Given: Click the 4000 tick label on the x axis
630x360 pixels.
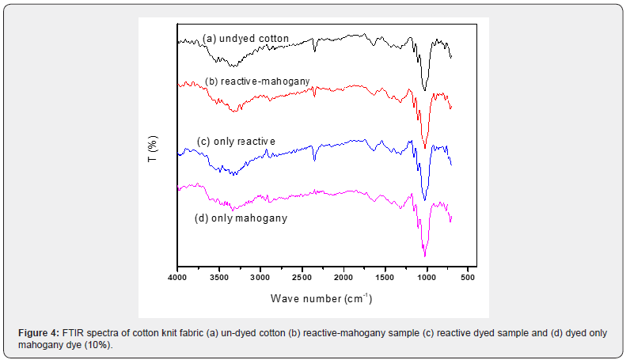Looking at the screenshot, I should tap(177, 279).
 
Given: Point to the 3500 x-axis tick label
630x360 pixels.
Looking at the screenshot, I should tap(218, 279).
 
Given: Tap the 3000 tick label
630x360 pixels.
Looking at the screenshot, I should tap(260, 279).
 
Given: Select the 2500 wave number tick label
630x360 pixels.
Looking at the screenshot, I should tap(302, 279).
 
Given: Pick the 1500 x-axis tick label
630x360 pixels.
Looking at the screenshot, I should tap(385, 279).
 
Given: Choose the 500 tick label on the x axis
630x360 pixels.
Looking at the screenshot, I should tap(468, 279).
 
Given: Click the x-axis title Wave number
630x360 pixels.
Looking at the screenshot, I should tap(321, 299).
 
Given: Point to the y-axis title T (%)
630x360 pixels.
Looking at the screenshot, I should tap(153, 149).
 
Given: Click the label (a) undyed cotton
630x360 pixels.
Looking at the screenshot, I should tap(245, 38).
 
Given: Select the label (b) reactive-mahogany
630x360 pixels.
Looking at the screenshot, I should tap(257, 81).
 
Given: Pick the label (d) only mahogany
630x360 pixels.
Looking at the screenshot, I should tap(241, 218).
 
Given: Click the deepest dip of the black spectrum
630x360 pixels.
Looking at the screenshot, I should tap(425, 90).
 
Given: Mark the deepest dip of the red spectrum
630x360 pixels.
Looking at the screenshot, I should tap(425, 147).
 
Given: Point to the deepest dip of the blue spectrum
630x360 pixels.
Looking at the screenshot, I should tap(425, 200).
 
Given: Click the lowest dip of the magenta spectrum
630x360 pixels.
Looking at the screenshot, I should tap(425, 256).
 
